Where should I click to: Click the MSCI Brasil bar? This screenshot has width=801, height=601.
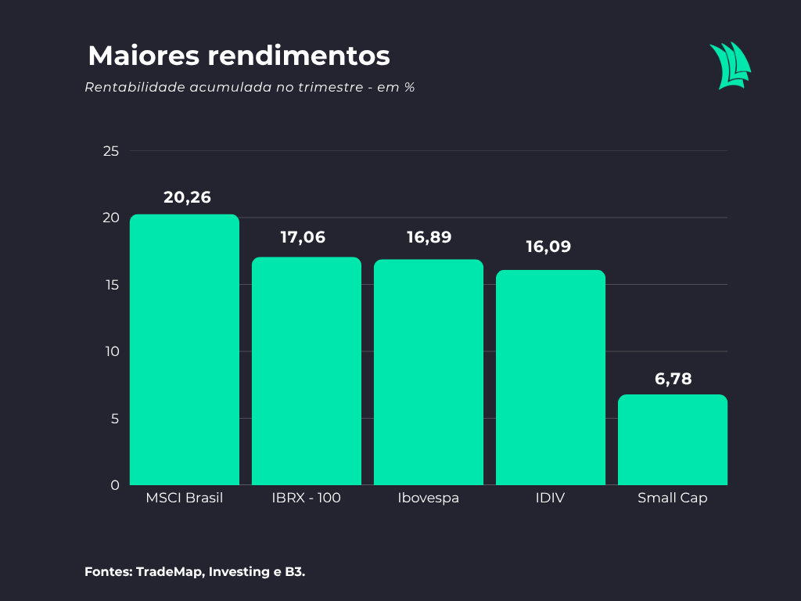[x=184, y=350]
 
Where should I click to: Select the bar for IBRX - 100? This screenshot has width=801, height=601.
[x=306, y=371]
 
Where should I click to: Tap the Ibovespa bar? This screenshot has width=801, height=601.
[x=428, y=372]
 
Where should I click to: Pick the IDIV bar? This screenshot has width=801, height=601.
[x=550, y=377]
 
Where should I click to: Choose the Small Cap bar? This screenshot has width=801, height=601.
[x=672, y=440]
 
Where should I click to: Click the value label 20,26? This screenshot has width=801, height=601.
[x=187, y=197]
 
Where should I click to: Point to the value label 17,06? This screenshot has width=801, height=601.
[x=303, y=237]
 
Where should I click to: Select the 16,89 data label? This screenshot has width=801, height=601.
[x=429, y=237]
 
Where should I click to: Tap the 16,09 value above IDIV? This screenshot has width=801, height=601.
[x=548, y=247]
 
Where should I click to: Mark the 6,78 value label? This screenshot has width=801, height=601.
[x=673, y=380]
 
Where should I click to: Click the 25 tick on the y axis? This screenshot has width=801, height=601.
[x=111, y=151]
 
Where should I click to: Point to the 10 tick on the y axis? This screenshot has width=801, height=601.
[x=111, y=351]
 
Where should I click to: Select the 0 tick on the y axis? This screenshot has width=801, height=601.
[x=115, y=485]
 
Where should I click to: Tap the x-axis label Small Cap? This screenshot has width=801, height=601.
[x=672, y=498]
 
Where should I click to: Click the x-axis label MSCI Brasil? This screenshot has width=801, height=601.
[x=184, y=498]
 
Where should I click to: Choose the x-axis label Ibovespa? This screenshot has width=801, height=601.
[x=428, y=498]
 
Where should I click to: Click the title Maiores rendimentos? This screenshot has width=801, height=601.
[x=239, y=56]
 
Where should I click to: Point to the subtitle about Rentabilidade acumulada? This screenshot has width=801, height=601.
[x=250, y=87]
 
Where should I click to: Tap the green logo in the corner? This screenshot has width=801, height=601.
[x=730, y=66]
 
